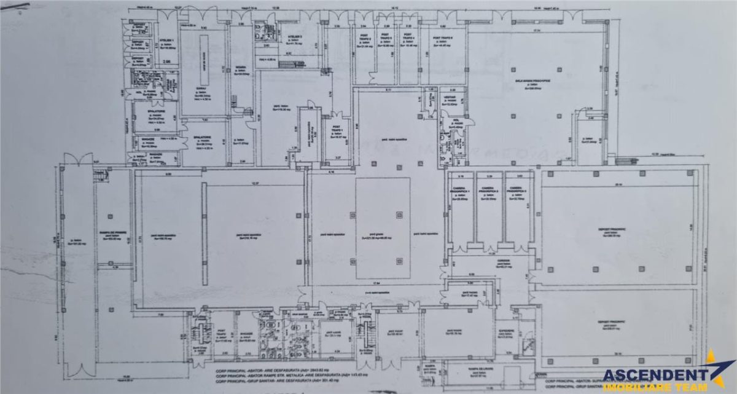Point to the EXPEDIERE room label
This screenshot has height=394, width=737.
click(x=507, y=329)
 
